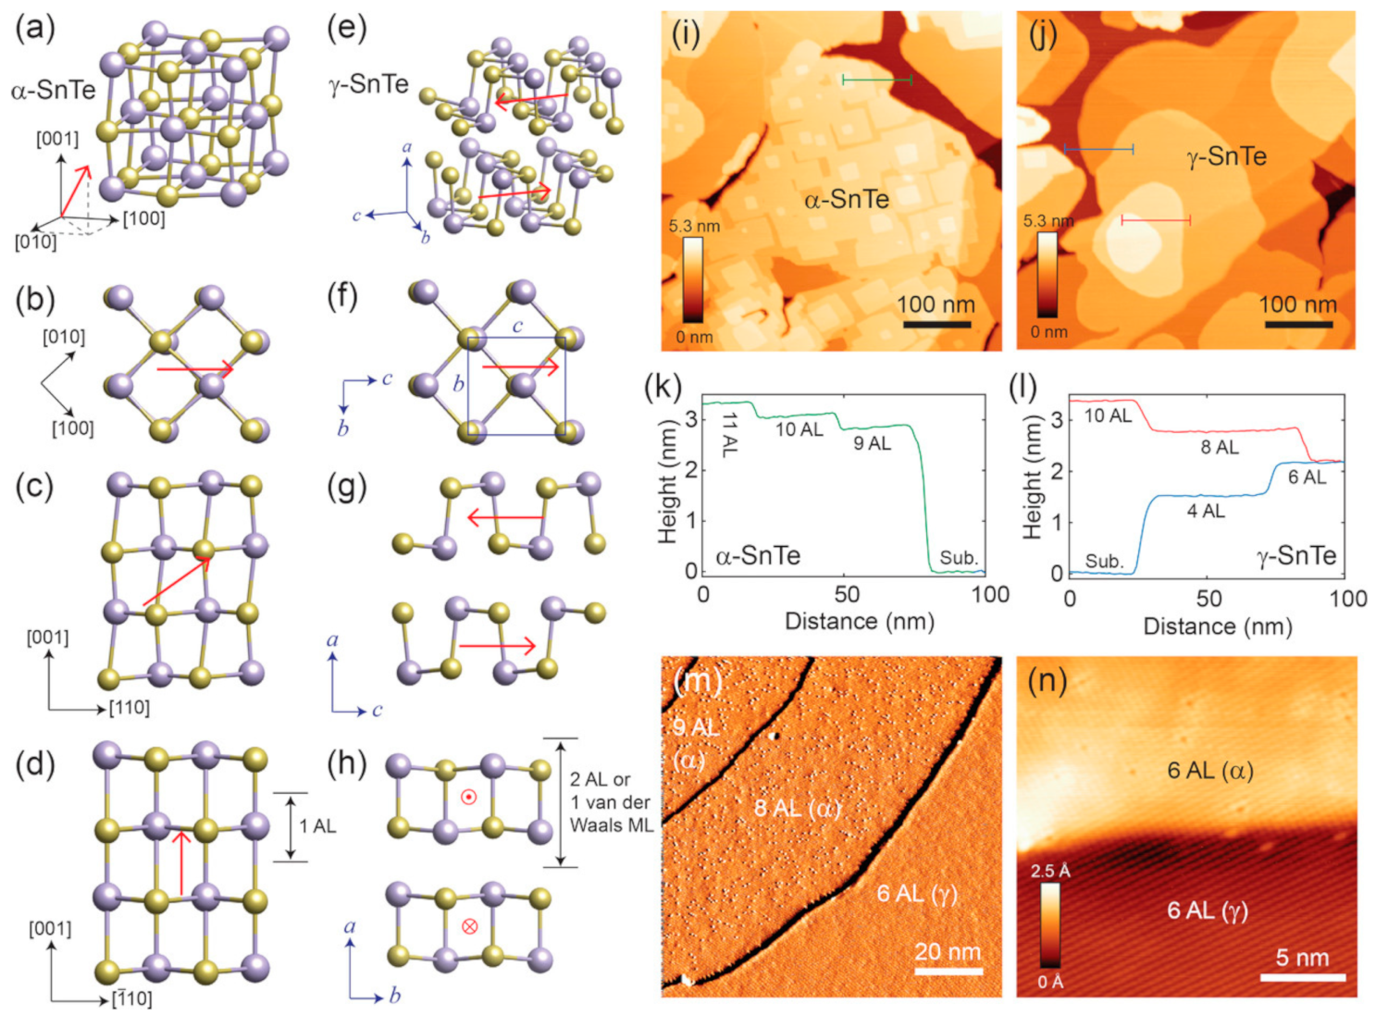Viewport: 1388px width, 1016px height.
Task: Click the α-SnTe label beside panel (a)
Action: coord(54,90)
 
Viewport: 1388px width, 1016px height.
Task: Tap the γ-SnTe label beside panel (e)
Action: coord(368,84)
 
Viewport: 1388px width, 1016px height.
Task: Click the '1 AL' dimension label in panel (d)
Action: coord(317,825)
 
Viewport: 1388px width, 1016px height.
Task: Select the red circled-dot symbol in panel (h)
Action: coord(469,797)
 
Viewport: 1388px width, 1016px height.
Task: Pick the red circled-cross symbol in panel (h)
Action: coord(469,925)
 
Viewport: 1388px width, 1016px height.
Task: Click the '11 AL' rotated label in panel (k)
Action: coord(728,434)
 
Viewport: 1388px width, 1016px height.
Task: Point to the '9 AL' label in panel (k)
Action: coord(872,443)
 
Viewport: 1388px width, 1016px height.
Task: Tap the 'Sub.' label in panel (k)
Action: coord(959,557)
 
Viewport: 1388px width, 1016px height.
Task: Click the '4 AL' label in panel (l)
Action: coord(1206,511)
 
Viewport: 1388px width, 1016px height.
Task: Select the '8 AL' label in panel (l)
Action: coord(1220,447)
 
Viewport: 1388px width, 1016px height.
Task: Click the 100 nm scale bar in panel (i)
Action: coord(936,325)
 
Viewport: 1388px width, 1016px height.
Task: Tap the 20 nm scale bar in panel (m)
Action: coord(948,971)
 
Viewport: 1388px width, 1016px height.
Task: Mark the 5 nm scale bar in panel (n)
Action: coord(1302,977)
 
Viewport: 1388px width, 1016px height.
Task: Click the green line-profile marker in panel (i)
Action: coord(876,81)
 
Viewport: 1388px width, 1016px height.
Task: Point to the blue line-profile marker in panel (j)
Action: coord(1098,148)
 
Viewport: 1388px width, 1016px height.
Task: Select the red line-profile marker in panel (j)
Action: coord(1156,220)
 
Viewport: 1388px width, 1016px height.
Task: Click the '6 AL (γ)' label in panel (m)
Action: coord(917,893)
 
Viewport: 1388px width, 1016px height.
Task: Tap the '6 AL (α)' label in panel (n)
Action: coord(1209,770)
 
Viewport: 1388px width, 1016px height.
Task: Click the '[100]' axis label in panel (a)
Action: coord(144,218)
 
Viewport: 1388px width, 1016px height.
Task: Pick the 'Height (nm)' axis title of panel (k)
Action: coord(667,481)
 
